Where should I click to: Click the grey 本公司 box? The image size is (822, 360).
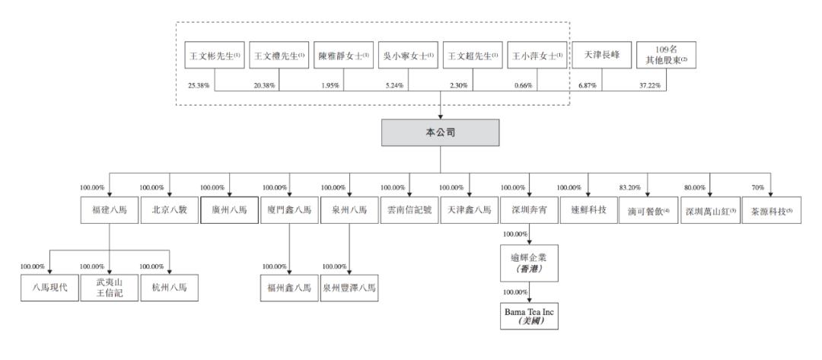click(441, 132)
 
